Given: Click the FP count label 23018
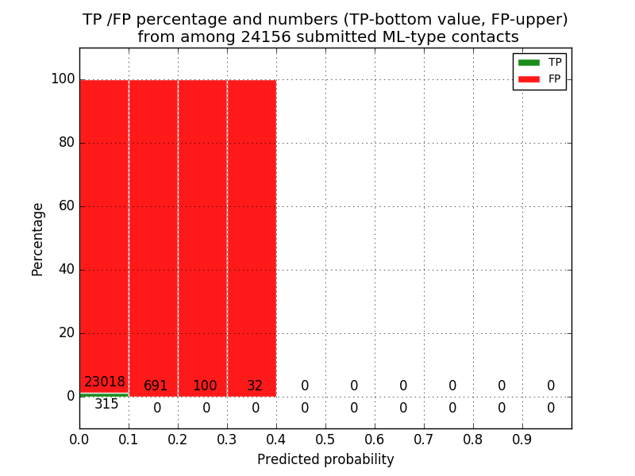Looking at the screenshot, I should [x=105, y=382].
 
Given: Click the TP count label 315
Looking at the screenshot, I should [x=106, y=405].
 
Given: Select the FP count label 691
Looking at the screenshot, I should [x=156, y=386].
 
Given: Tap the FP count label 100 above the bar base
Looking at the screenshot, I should [x=205, y=386].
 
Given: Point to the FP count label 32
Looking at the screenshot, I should [x=255, y=386].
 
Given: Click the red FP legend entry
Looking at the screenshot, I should [x=540, y=79].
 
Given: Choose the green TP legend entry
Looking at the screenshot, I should [x=540, y=62].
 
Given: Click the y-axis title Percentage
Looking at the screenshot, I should [x=38, y=239].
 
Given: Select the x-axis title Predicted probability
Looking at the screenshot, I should [x=325, y=459].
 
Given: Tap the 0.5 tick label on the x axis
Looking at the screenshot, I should [x=325, y=439].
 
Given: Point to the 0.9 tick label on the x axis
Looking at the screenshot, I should [x=522, y=439].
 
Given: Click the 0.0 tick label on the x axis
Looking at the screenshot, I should [x=79, y=439].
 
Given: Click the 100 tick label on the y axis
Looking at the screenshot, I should [x=63, y=79].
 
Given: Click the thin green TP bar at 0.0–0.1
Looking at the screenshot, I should [x=104, y=394].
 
